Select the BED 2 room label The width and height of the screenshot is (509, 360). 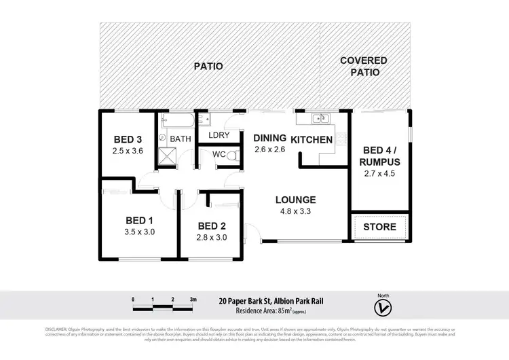pyautogui.click(x=212, y=226)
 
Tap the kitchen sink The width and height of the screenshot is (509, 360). pyautogui.click(x=320, y=120)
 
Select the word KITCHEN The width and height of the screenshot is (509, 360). pyautogui.click(x=312, y=140)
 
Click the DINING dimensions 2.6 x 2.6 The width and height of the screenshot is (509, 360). pyautogui.click(x=269, y=150)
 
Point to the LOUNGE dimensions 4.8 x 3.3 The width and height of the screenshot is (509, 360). pyautogui.click(x=295, y=211)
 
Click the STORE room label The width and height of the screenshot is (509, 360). pyautogui.click(x=379, y=226)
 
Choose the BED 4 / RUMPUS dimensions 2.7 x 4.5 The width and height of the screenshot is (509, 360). pyautogui.click(x=381, y=174)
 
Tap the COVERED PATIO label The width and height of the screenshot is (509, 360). pyautogui.click(x=364, y=66)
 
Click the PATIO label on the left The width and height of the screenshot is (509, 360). pyautogui.click(x=209, y=66)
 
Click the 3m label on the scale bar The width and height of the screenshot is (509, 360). pyautogui.click(x=193, y=300)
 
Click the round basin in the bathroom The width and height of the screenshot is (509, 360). pyautogui.click(x=163, y=137)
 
